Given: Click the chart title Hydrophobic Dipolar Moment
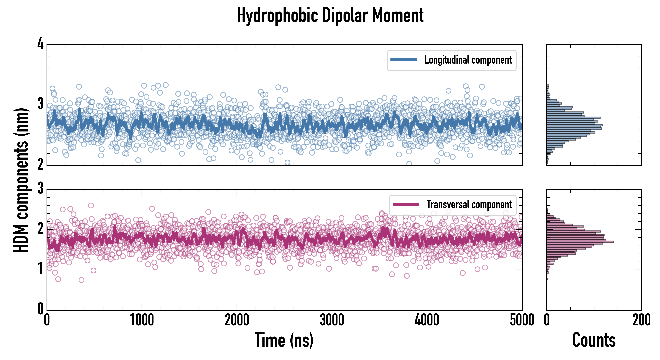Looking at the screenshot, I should (x=330, y=15).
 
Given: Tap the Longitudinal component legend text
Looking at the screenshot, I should (x=468, y=60).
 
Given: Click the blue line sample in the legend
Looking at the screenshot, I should (x=404, y=60).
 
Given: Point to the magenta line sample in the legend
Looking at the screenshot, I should (x=406, y=204).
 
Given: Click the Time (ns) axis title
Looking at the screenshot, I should (x=284, y=340).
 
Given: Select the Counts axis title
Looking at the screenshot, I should (x=594, y=340).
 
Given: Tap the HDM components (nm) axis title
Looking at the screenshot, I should (x=21, y=180).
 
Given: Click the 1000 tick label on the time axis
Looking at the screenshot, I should (x=142, y=320).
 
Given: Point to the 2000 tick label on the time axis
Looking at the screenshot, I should (x=237, y=320).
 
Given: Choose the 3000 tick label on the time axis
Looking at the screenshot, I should (x=332, y=320).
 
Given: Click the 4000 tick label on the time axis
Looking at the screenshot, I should (x=427, y=320).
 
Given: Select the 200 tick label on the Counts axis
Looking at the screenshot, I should (x=641, y=320).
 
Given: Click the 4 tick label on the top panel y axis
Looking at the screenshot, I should (x=40, y=44).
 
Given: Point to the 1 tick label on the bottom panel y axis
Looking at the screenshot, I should (x=40, y=269).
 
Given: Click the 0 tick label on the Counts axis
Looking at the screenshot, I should (x=547, y=320).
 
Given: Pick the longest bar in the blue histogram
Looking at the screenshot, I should (x=574, y=125).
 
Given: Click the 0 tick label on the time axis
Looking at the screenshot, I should (x=47, y=320).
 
